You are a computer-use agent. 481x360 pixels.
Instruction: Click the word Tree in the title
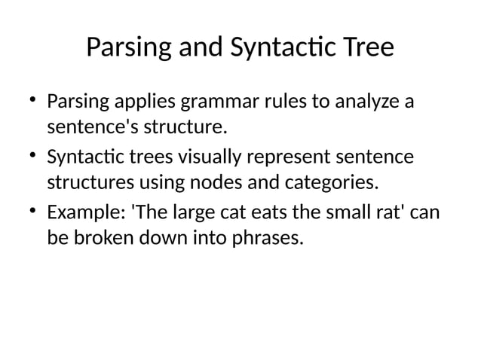pos(367,48)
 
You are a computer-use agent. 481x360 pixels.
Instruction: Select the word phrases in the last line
pos(271,240)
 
